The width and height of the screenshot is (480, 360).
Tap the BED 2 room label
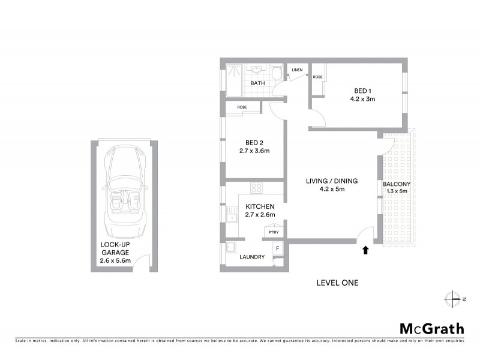(252, 143)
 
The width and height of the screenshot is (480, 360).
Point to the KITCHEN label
(260, 206)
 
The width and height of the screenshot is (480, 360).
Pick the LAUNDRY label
(251, 257)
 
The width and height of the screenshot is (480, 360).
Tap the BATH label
(258, 83)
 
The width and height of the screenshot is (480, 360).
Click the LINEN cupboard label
(298, 70)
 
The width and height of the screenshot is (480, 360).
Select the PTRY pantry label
(274, 232)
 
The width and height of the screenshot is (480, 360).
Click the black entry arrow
(365, 250)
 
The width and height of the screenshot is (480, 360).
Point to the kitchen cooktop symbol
(256, 187)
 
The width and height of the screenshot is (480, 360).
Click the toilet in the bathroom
(275, 74)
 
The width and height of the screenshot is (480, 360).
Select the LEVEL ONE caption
(337, 283)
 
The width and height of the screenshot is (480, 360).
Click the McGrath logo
(431, 328)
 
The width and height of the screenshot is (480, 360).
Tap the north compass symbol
(453, 298)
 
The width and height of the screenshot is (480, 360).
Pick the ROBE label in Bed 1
(318, 77)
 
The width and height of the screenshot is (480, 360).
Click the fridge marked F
(277, 248)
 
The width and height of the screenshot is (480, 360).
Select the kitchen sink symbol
(232, 213)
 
